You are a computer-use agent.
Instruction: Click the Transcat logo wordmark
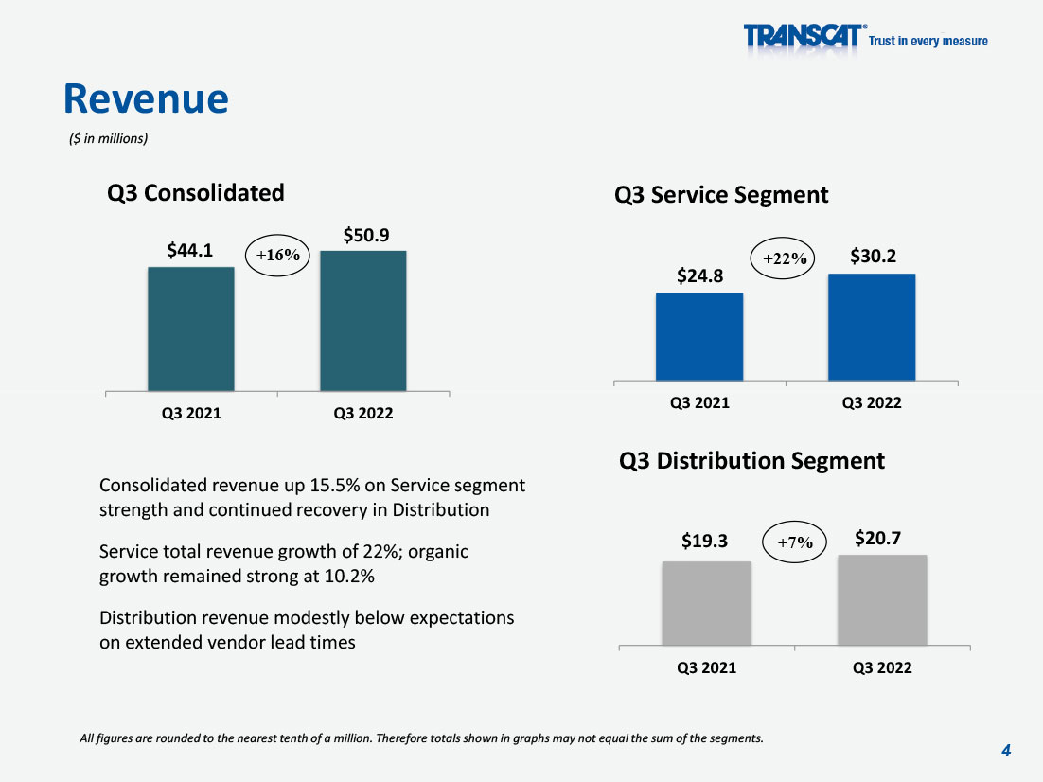(804, 36)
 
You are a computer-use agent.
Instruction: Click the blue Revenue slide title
(146, 98)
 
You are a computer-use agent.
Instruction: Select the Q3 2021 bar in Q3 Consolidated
(191, 329)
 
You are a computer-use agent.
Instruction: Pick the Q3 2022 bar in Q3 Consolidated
(363, 321)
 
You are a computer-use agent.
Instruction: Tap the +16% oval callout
(277, 255)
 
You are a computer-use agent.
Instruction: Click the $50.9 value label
(366, 235)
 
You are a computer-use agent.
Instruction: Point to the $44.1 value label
(189, 250)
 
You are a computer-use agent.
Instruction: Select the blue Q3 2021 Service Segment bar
(699, 337)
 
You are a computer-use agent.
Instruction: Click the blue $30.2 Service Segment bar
(872, 328)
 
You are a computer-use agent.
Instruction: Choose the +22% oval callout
(783, 258)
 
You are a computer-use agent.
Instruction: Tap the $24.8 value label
(699, 275)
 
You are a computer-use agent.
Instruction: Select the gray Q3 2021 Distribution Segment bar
(706, 603)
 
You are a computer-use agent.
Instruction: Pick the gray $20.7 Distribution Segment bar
(882, 600)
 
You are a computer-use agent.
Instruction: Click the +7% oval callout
(794, 542)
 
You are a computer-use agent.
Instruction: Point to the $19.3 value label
(704, 541)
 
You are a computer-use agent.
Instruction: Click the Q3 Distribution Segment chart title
(751, 460)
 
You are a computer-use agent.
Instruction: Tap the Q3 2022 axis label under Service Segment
(872, 402)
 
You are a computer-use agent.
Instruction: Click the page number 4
(1006, 751)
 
